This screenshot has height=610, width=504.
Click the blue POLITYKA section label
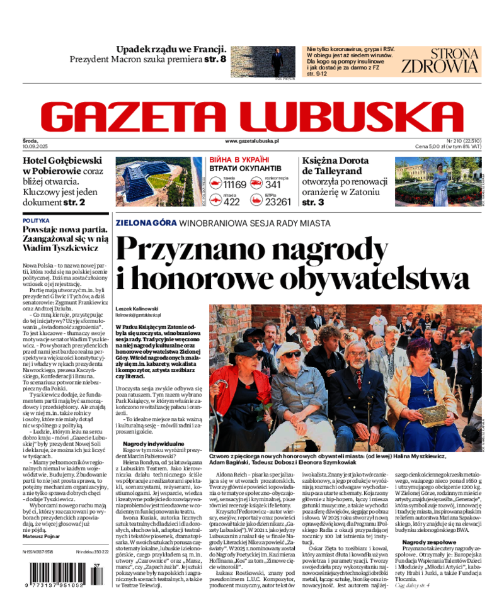[36, 221]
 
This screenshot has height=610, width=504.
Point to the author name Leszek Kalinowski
[137, 308]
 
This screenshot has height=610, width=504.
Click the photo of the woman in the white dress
[438, 181]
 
